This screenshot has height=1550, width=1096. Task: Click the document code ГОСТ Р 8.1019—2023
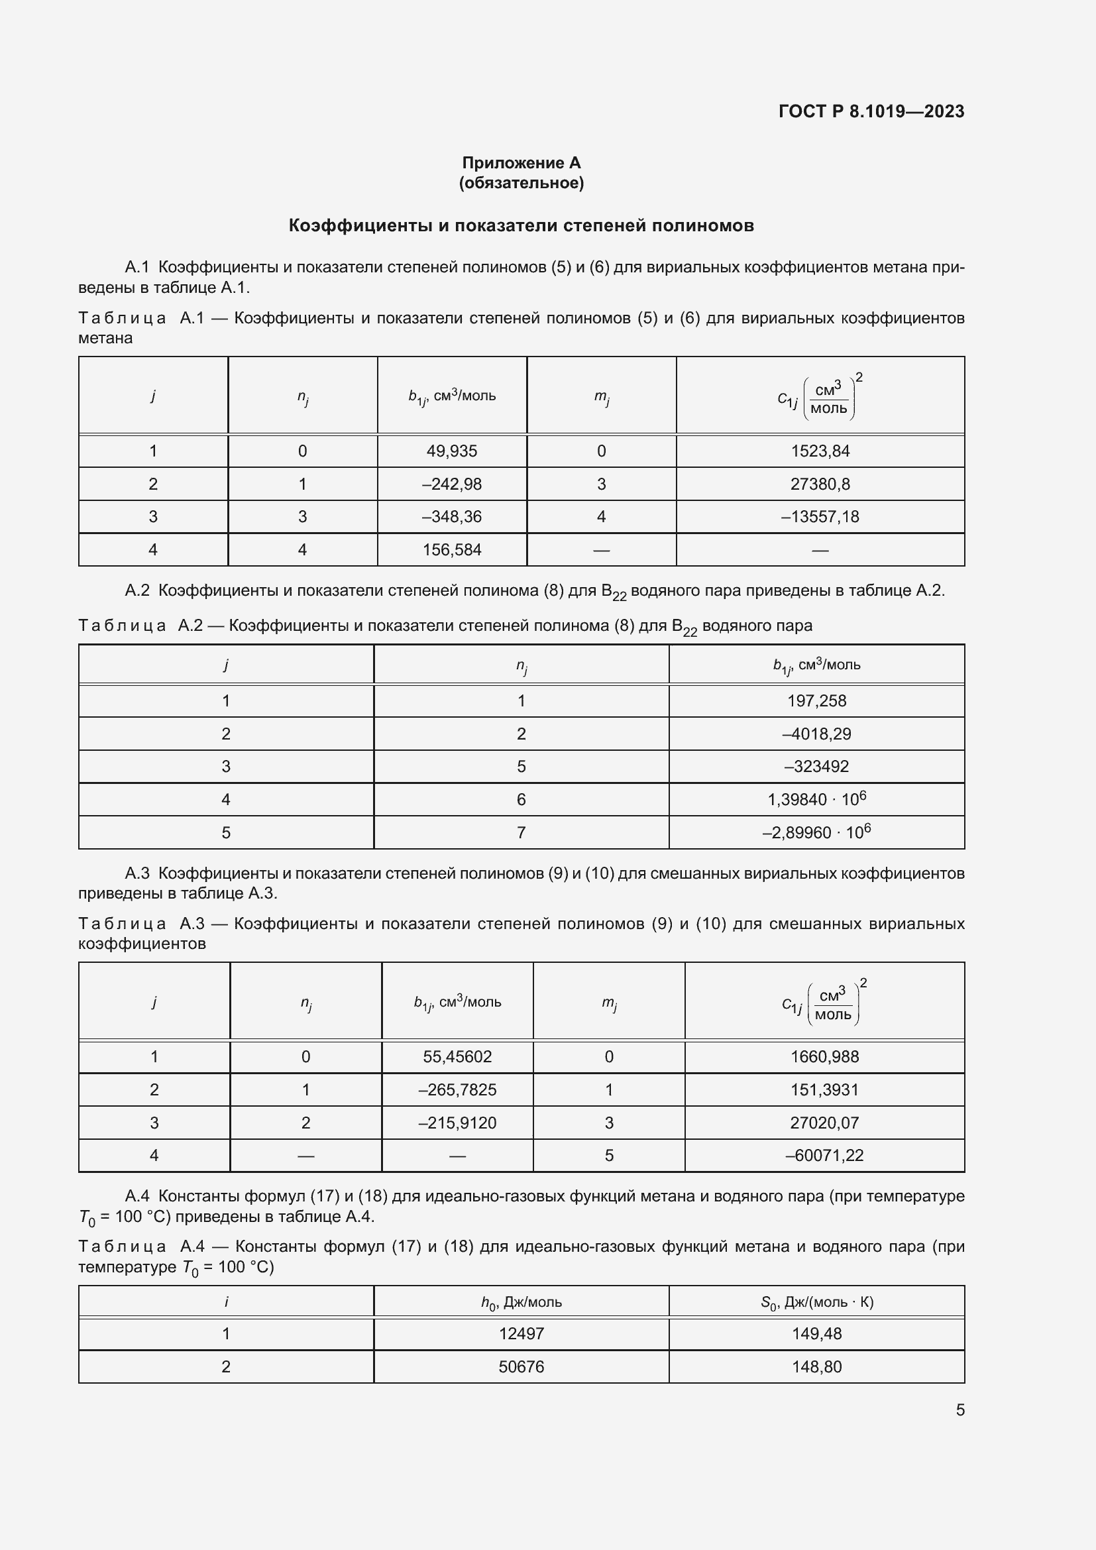(x=871, y=111)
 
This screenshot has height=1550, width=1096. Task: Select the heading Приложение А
(x=521, y=163)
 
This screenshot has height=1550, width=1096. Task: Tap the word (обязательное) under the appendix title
(x=521, y=183)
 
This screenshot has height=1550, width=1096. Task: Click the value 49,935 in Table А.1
(x=451, y=451)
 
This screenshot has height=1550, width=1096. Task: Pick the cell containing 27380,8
(x=820, y=484)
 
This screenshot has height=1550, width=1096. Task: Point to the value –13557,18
(x=820, y=516)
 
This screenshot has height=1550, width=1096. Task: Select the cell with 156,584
(x=451, y=549)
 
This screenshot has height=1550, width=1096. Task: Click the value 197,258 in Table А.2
(x=816, y=700)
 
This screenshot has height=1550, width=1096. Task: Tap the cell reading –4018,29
(x=816, y=734)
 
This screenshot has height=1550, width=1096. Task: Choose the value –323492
(x=816, y=766)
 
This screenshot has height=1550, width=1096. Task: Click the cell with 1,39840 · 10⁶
(x=816, y=799)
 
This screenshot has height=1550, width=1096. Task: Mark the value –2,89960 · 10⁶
(x=816, y=832)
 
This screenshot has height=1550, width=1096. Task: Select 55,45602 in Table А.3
(x=457, y=1056)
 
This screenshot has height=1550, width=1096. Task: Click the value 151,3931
(x=824, y=1089)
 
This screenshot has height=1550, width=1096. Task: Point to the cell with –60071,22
(x=824, y=1155)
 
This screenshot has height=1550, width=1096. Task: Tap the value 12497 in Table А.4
(x=521, y=1333)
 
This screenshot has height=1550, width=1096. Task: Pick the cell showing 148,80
(x=816, y=1366)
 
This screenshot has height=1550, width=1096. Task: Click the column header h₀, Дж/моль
(x=521, y=1302)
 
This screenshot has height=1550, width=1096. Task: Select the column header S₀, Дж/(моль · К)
(x=816, y=1302)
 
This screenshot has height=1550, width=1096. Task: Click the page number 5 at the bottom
(x=959, y=1410)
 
